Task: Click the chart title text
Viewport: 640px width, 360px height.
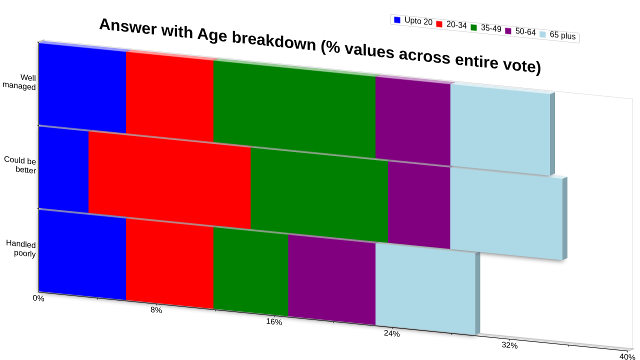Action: click(x=320, y=45)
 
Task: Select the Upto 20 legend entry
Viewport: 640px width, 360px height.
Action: click(x=413, y=21)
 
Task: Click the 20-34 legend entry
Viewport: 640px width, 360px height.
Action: click(x=451, y=24)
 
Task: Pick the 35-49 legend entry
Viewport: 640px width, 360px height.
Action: click(x=486, y=28)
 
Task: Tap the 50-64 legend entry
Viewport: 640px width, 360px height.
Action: click(x=520, y=31)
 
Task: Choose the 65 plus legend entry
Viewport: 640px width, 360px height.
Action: click(x=557, y=35)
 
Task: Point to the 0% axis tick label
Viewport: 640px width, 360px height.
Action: click(x=38, y=298)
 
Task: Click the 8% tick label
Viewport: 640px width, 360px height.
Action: click(x=156, y=310)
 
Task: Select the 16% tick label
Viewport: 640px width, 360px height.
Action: click(x=274, y=321)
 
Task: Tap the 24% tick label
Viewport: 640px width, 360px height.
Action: click(x=391, y=333)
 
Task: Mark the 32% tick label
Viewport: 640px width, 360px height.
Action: click(x=509, y=345)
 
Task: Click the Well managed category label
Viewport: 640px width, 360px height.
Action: click(x=19, y=82)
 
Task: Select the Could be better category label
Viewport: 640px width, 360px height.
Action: click(x=20, y=165)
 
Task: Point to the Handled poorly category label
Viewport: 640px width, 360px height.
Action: click(x=21, y=248)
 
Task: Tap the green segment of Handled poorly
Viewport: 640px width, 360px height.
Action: click(x=251, y=271)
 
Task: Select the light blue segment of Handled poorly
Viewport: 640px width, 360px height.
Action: click(x=425, y=289)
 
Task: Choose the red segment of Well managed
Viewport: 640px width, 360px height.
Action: click(x=169, y=96)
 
